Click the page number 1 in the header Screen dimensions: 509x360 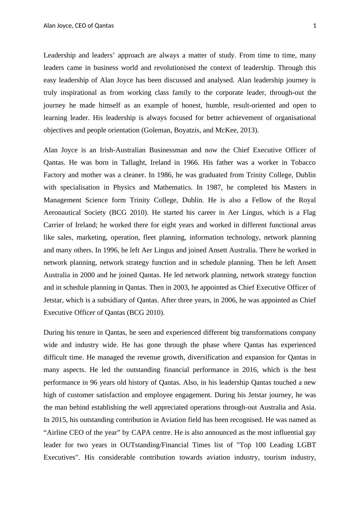click(315, 26)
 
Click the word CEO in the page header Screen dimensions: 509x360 click(81, 26)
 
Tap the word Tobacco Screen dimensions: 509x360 click(303, 163)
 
